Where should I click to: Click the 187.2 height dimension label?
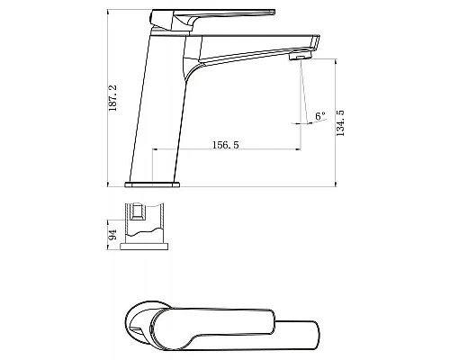(112, 98)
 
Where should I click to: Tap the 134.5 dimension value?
(340, 123)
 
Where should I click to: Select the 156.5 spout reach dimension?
(226, 145)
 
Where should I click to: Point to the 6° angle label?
(320, 116)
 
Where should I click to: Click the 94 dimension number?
(112, 235)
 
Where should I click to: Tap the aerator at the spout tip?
(301, 56)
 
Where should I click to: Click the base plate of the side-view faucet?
(152, 184)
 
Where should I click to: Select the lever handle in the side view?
(212, 18)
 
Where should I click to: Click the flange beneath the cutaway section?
(144, 247)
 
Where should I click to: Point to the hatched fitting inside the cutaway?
(139, 211)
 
